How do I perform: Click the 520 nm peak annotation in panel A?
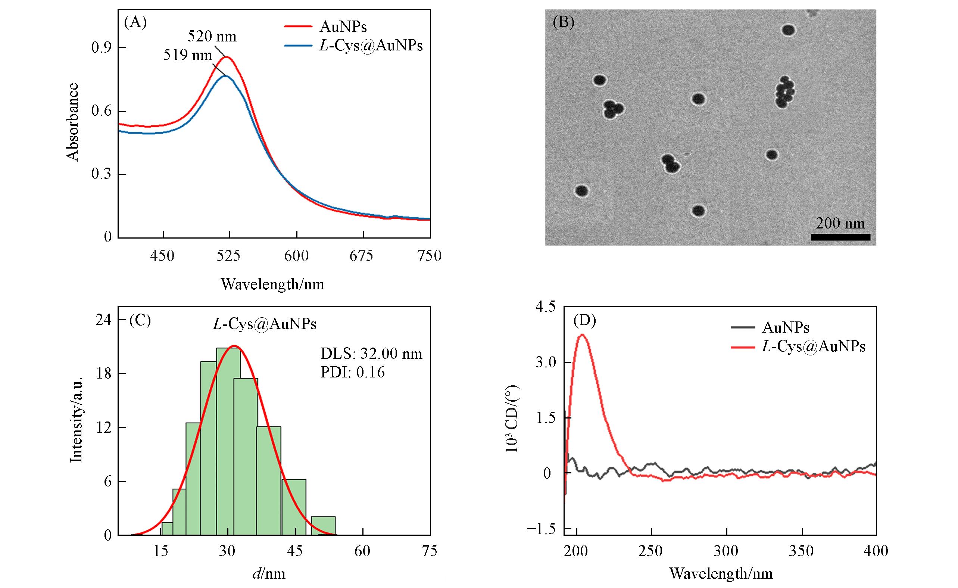[212, 37]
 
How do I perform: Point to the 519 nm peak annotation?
[187, 55]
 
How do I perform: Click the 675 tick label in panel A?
[362, 255]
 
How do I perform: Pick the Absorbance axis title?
[73, 122]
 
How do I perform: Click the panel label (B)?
[564, 22]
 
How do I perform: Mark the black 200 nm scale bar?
[840, 237]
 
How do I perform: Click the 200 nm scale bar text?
[840, 223]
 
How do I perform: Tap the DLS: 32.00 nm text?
[371, 354]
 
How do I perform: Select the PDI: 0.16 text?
[353, 373]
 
